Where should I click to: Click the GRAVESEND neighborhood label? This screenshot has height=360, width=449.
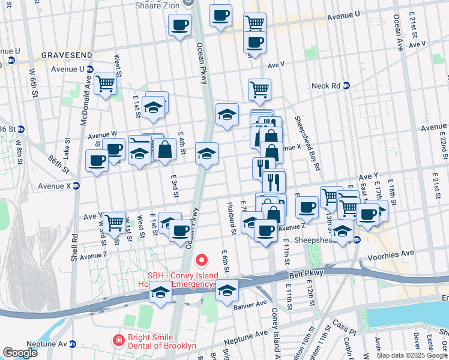[x=67, y=55]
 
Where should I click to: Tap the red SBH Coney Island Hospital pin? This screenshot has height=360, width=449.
[x=202, y=260]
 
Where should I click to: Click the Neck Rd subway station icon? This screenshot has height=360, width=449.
[x=346, y=86]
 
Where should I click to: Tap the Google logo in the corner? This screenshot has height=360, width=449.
[x=20, y=353]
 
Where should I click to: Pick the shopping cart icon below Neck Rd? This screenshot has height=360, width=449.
[x=259, y=89]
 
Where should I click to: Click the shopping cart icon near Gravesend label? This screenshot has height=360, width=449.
[x=105, y=83]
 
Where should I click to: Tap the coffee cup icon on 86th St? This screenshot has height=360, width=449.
[x=97, y=160]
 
